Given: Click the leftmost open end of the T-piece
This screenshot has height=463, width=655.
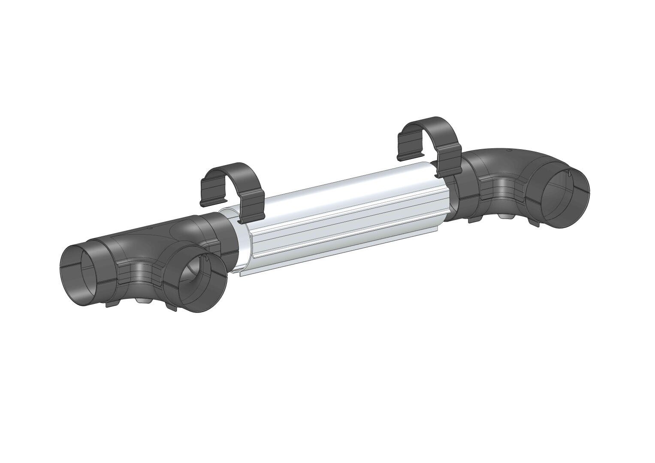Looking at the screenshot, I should [79, 275].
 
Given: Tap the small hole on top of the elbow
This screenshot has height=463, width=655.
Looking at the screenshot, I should [509, 150].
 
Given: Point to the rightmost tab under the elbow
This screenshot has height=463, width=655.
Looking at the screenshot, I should [534, 223].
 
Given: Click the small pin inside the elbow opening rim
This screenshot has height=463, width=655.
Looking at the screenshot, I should [567, 173].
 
